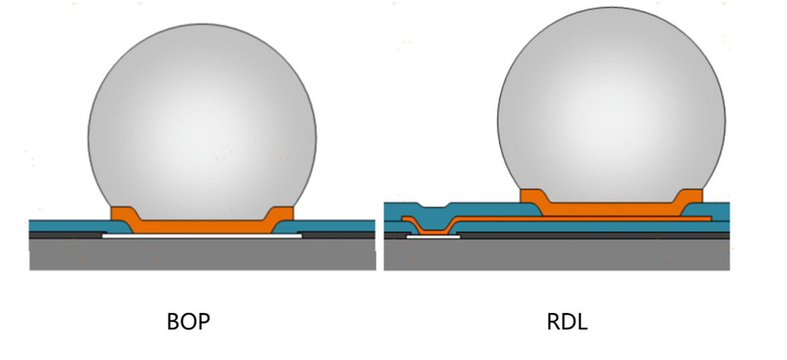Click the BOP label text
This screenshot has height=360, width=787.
(188, 322)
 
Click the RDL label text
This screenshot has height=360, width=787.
(567, 322)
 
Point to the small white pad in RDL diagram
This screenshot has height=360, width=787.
(433, 236)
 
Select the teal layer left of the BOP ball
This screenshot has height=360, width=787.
(66, 225)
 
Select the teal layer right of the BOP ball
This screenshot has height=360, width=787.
(335, 225)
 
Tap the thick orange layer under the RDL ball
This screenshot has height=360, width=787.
(611, 209)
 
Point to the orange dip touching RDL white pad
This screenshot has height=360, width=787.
(432, 231)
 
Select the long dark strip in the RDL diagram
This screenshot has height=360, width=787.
(591, 235)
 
